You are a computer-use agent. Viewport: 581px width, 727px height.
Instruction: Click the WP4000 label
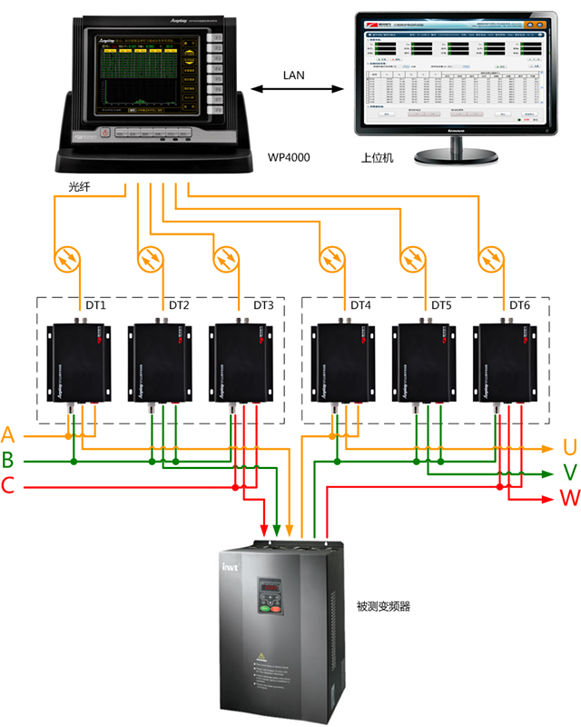(289, 157)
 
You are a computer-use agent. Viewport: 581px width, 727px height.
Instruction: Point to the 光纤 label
(81, 186)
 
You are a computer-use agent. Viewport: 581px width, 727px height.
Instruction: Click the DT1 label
(96, 305)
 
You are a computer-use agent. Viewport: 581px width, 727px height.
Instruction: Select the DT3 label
(263, 305)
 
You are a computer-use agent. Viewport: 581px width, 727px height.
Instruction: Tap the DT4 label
(361, 305)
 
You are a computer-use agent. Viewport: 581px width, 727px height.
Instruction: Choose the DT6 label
(519, 305)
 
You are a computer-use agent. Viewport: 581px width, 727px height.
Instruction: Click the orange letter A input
(9, 433)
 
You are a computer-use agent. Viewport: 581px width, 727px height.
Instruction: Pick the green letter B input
(9, 460)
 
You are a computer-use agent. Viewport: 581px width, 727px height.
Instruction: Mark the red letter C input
(9, 486)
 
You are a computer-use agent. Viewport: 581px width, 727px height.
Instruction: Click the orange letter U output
(570, 447)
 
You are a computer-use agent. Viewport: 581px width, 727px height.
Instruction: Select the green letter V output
(570, 473)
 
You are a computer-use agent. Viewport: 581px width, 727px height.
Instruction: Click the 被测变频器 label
(383, 605)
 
